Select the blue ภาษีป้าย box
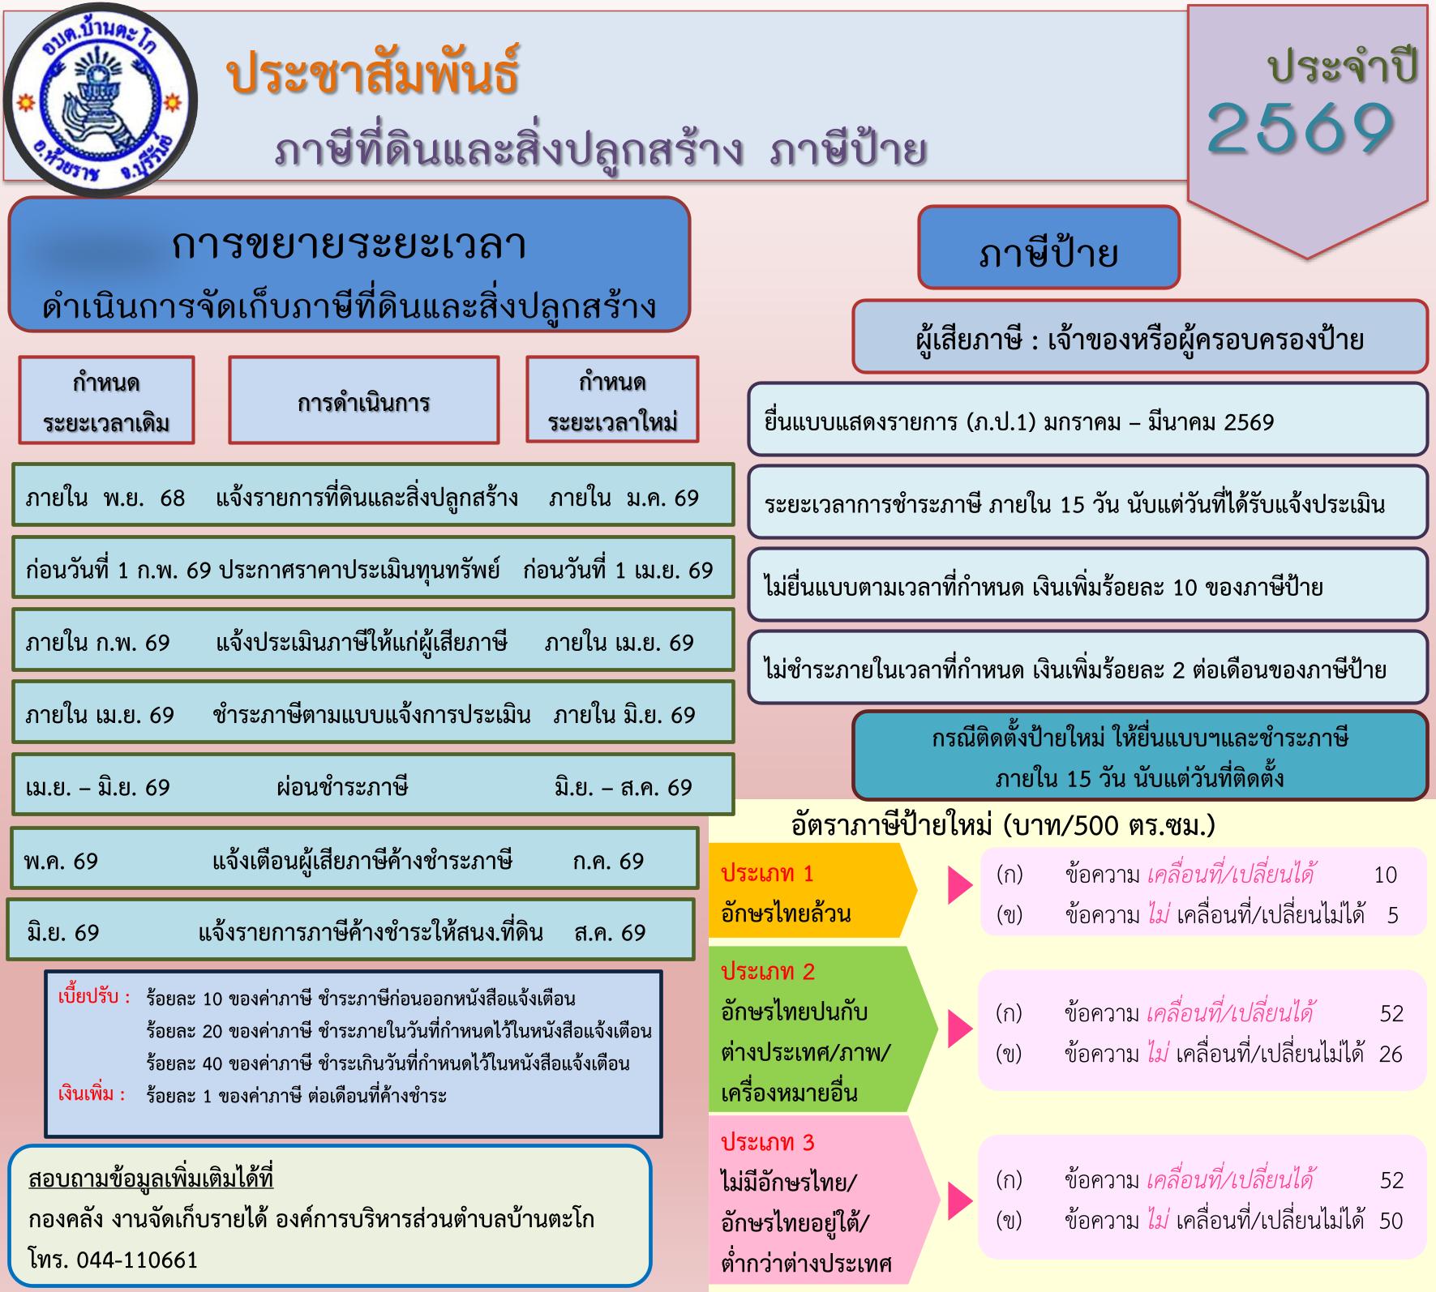click(1048, 247)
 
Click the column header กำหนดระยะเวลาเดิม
click(107, 400)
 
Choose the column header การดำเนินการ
click(363, 400)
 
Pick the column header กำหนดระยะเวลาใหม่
click(612, 400)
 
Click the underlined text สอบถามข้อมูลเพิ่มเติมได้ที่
click(151, 1178)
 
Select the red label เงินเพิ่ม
click(92, 1095)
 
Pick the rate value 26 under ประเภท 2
click(1391, 1054)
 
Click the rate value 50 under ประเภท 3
click(1391, 1221)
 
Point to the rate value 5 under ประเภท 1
click(1393, 916)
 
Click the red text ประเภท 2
click(768, 971)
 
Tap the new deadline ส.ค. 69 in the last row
click(610, 932)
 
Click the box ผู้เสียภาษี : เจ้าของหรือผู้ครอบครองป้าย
click(1140, 337)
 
